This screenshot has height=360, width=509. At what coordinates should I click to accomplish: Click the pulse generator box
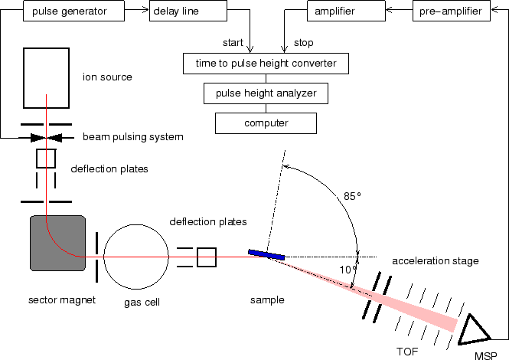(x=69, y=11)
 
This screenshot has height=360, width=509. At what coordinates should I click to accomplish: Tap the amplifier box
(x=334, y=11)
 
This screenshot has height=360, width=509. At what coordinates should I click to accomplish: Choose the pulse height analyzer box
(x=266, y=93)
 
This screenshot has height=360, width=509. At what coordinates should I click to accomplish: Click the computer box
(x=265, y=123)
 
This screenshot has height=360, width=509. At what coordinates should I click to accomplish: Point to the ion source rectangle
(x=47, y=77)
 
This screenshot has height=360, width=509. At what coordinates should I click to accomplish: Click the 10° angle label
(x=347, y=269)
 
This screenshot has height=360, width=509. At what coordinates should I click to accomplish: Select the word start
(x=233, y=43)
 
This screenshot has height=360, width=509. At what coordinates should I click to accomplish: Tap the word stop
(x=303, y=43)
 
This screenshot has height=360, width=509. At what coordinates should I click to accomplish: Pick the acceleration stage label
(x=435, y=260)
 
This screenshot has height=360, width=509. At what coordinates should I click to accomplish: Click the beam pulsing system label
(x=133, y=137)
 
